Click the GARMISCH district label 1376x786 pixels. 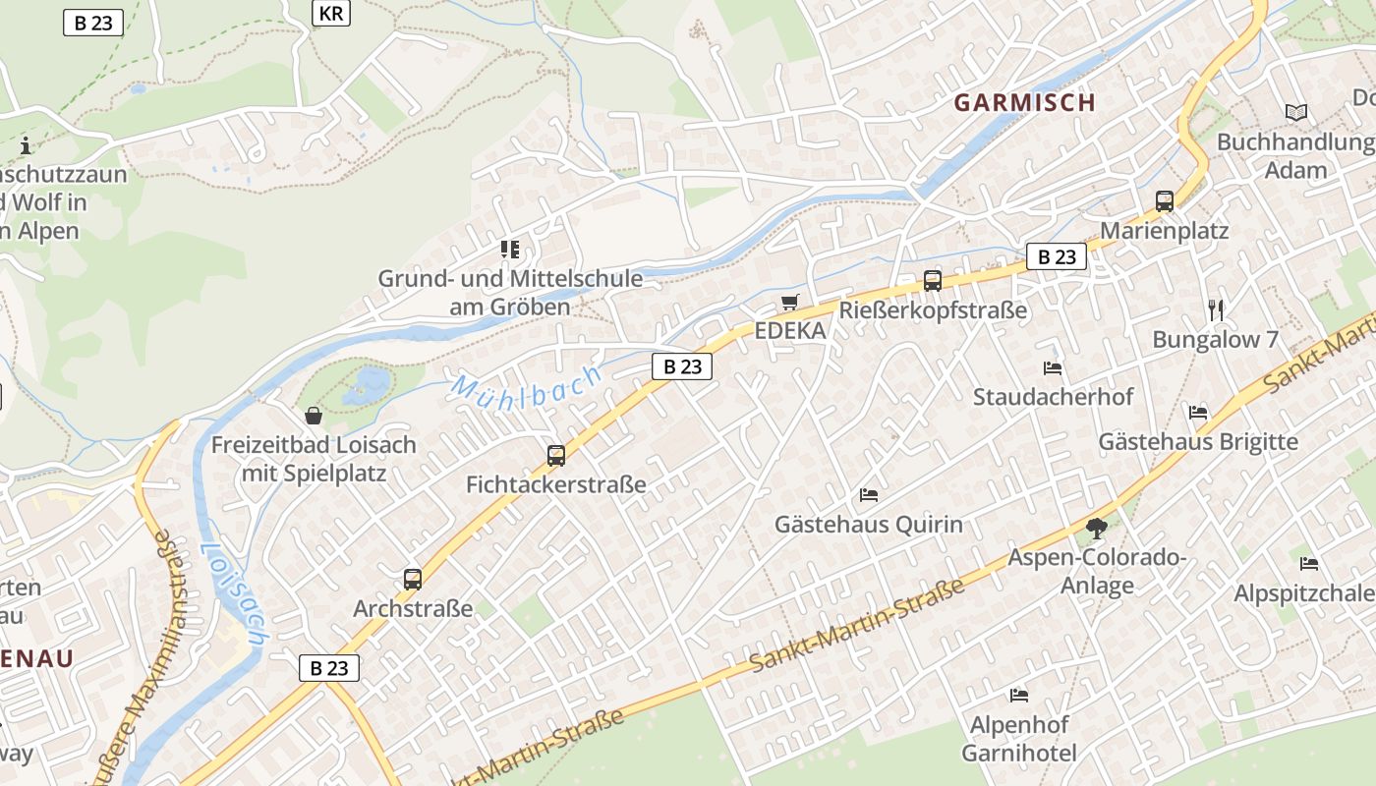coord(1024,102)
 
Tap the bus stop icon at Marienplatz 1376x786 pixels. coord(1165,201)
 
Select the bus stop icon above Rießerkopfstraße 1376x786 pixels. coord(933,281)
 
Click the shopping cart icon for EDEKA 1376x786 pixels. coord(790,302)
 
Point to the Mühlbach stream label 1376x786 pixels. coord(526,382)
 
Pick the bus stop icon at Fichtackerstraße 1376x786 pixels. coord(556,455)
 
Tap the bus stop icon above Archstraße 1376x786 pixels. coord(413,580)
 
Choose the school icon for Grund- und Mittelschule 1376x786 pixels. coord(509,250)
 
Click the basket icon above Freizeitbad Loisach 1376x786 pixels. coord(314,416)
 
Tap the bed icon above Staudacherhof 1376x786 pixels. coord(1053,368)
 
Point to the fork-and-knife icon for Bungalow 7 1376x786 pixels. coord(1216,310)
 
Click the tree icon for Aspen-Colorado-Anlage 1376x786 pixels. coord(1097,529)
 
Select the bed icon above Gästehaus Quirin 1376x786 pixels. coord(869,494)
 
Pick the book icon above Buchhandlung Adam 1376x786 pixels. coord(1296,113)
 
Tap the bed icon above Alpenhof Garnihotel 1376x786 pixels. coord(1019,696)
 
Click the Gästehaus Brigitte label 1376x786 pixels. coord(1198,441)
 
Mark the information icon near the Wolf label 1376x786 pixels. coord(26,146)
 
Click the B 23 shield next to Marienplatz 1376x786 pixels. coord(1057,257)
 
